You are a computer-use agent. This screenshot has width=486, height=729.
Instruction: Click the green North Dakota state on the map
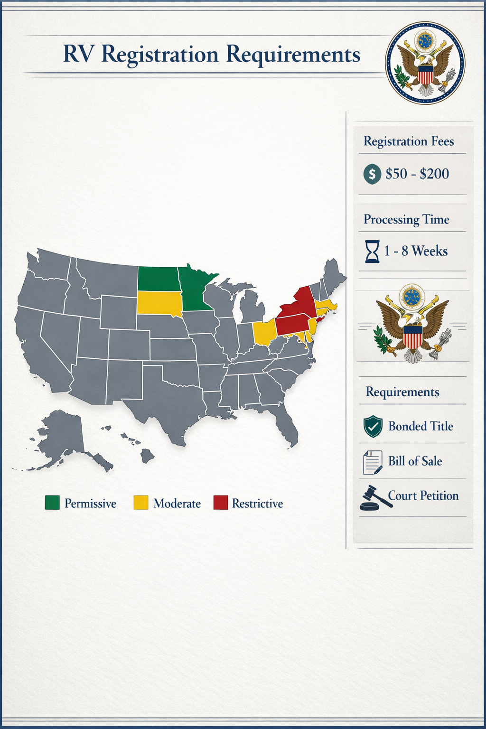[x=159, y=279]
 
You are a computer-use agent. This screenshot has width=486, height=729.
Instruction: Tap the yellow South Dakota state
[x=159, y=303]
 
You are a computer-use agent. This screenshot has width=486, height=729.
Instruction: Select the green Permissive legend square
[x=52, y=503]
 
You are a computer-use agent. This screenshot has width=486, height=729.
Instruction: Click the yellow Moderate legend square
[x=141, y=503]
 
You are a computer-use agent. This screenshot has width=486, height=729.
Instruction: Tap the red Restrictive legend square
[x=221, y=503]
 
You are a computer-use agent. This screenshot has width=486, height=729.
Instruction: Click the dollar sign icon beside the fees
[x=372, y=174]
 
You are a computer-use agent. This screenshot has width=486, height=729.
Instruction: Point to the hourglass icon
[x=373, y=252]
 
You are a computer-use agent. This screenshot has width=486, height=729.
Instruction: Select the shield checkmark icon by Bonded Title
[x=373, y=426]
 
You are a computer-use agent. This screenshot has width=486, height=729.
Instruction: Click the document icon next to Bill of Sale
[x=373, y=462]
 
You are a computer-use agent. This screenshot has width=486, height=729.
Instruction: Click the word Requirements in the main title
[x=293, y=55]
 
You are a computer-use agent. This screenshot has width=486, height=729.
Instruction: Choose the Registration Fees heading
[x=409, y=141]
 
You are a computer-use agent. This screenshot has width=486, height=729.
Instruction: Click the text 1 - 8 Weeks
[x=416, y=251]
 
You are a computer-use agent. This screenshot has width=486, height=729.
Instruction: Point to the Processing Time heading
[x=406, y=219]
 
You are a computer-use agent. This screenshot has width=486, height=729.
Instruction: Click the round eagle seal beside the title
[x=425, y=62]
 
